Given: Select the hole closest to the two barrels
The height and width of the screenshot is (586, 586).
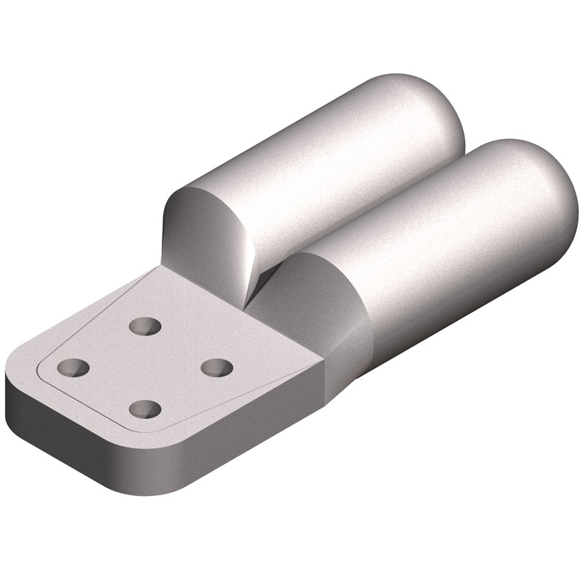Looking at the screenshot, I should (142, 324).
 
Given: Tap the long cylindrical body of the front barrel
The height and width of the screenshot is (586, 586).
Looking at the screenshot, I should (447, 249).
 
